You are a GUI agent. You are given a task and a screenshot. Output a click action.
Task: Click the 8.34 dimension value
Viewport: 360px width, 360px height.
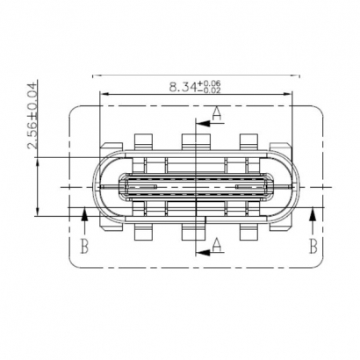click(183, 86)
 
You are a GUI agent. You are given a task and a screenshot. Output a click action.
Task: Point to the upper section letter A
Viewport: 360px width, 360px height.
click(216, 112)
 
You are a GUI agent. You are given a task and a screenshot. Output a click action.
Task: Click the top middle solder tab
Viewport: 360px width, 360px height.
click(192, 140)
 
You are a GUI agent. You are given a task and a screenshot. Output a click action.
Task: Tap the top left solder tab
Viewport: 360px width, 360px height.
click(144, 140)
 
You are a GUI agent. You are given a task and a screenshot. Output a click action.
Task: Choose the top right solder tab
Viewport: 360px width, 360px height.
click(248, 140)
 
